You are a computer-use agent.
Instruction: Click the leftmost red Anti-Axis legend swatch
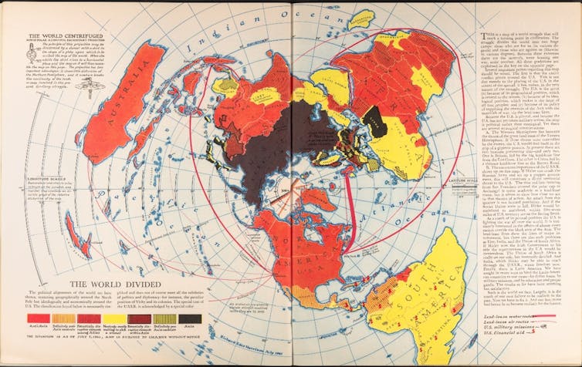36,318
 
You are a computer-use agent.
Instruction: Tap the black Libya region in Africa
375,118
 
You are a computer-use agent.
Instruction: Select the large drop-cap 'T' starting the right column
484,37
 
